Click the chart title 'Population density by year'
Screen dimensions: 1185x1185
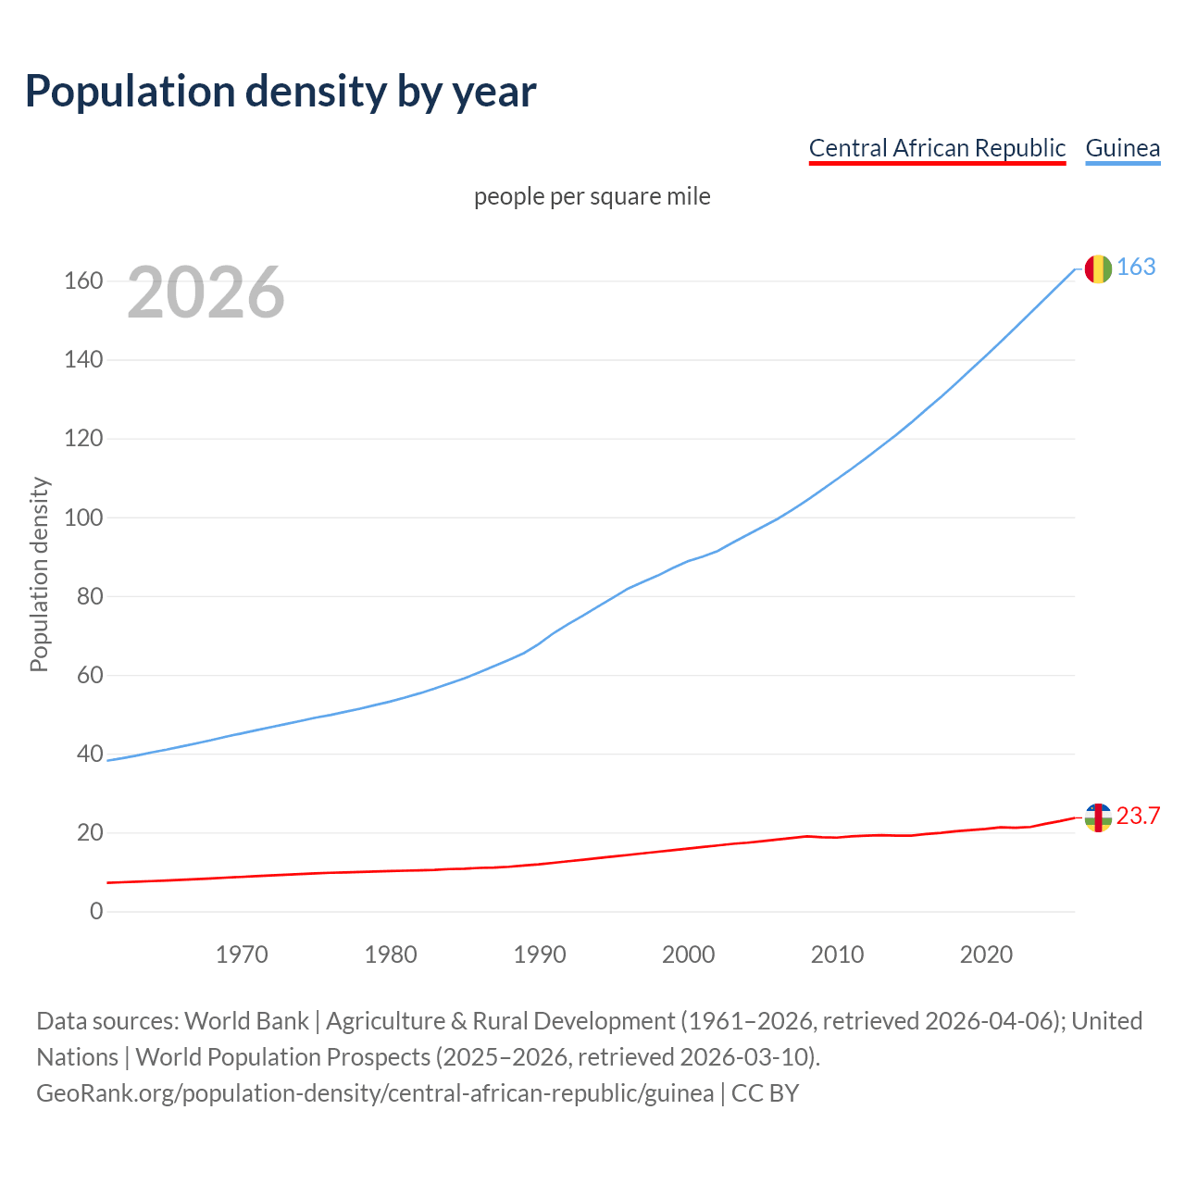[281, 92]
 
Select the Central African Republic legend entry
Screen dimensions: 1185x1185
[937, 148]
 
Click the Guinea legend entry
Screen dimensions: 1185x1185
[1122, 148]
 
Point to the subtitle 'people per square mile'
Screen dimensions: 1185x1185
[592, 196]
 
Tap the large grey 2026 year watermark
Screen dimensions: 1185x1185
[206, 293]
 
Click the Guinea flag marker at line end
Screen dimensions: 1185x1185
[1097, 268]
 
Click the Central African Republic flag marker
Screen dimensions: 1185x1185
[1097, 817]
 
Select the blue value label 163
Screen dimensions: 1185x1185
[1136, 267]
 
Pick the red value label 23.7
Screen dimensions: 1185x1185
[1138, 816]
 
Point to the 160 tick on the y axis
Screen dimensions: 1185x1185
[83, 281]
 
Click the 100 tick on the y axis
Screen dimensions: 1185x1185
[83, 518]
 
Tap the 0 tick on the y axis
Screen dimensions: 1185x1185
[96, 912]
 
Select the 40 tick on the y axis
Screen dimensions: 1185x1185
[90, 754]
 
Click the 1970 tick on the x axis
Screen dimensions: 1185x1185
[242, 954]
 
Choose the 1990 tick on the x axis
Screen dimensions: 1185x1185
[540, 954]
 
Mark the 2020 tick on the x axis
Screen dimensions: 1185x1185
[986, 954]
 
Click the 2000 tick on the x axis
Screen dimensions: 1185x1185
[689, 954]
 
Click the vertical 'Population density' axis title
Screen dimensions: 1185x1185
[39, 574]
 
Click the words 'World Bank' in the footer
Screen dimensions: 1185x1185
[246, 1021]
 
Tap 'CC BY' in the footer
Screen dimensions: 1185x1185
[765, 1093]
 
